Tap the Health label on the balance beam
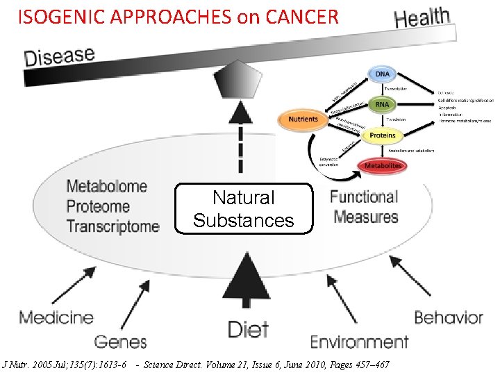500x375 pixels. (x=422, y=17)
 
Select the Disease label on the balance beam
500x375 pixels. (x=60, y=56)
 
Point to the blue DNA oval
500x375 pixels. (x=382, y=74)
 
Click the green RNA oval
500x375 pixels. (x=382, y=104)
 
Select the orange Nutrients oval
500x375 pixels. (x=303, y=119)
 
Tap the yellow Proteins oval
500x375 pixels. (x=382, y=135)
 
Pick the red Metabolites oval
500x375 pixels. (x=383, y=166)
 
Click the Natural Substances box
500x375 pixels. (x=244, y=209)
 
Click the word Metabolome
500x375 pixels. (x=106, y=186)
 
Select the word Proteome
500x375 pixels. (x=98, y=206)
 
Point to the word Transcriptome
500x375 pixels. (x=112, y=226)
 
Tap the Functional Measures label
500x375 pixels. (x=365, y=206)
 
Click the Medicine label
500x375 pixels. (x=56, y=318)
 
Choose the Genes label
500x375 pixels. (x=120, y=342)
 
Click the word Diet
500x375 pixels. (x=248, y=329)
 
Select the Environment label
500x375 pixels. (x=359, y=342)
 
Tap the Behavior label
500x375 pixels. (x=448, y=318)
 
